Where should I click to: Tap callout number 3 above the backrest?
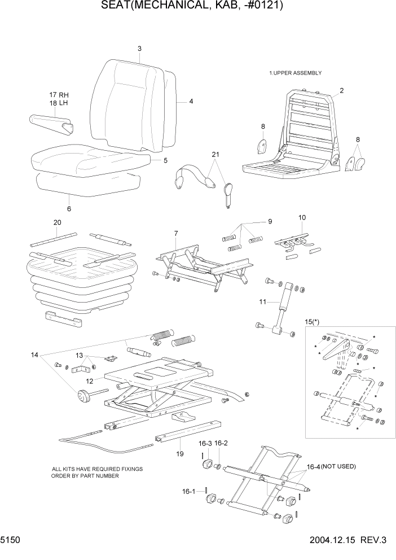[x=139, y=49]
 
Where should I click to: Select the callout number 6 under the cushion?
[x=69, y=209]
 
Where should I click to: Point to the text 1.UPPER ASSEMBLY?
[x=295, y=73]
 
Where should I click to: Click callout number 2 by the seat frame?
[x=341, y=90]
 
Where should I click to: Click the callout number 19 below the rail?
[x=179, y=453]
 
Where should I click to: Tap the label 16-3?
[x=205, y=444]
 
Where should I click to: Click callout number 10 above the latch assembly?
[x=302, y=217]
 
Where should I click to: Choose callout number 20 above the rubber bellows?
[x=56, y=222]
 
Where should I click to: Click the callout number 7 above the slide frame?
[x=176, y=233]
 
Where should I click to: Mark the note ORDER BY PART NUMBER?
[x=85, y=475]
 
